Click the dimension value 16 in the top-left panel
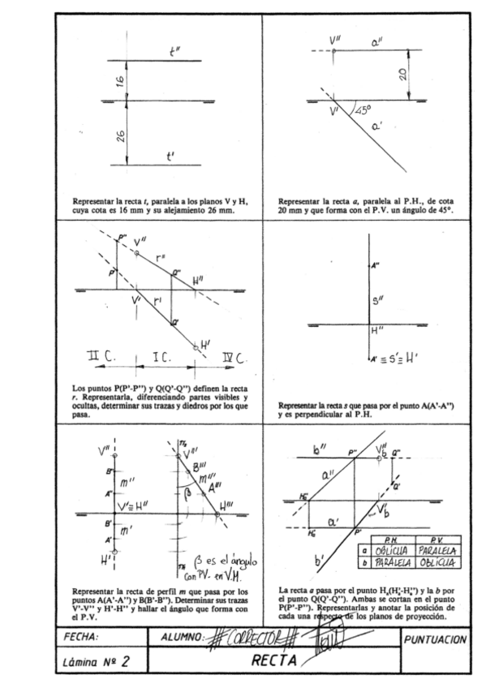click(x=119, y=80)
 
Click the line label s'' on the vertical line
click(x=377, y=303)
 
